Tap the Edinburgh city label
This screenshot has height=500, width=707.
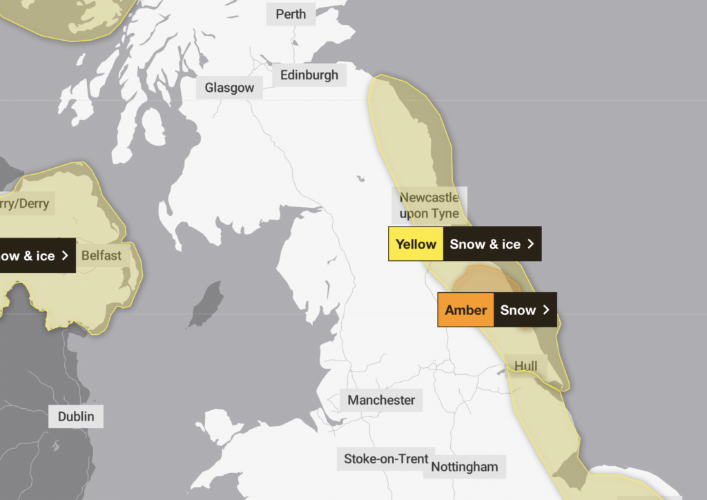[x=309, y=75]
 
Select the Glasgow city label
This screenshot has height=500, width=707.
[x=229, y=88]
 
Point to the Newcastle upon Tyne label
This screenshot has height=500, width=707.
[x=429, y=205]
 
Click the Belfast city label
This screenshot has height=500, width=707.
[x=101, y=256]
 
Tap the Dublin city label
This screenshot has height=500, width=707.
[x=76, y=416]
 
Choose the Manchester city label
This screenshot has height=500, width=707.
[x=381, y=400]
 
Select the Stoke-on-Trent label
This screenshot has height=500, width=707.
[x=386, y=458]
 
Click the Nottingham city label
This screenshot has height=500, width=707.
[x=465, y=467]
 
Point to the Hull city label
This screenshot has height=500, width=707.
[x=526, y=366]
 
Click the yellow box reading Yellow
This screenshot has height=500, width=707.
[x=416, y=244]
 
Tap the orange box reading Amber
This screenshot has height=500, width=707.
[x=466, y=310]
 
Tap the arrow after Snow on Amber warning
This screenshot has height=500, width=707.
[x=546, y=310]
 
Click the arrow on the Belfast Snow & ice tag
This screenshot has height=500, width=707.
[x=65, y=256]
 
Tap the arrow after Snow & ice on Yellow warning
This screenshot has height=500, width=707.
[x=530, y=244]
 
